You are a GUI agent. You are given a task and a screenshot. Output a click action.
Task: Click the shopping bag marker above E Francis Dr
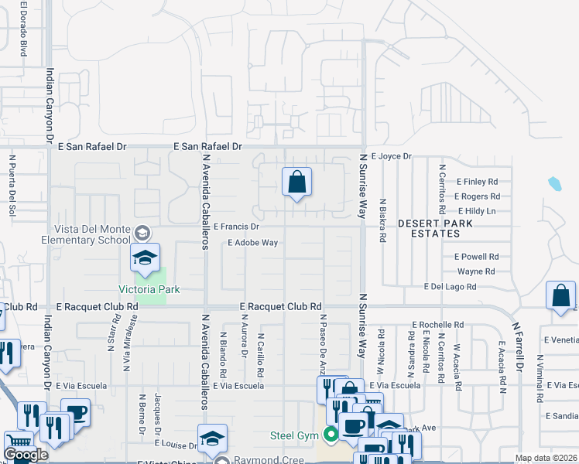(x=296, y=183)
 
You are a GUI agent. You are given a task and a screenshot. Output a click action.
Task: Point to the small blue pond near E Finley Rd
(x=554, y=184)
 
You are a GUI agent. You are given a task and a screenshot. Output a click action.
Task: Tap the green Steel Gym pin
(x=331, y=435)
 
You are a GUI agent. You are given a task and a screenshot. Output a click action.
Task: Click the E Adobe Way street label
(x=252, y=243)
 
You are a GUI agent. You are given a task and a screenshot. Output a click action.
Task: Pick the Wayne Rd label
(x=476, y=271)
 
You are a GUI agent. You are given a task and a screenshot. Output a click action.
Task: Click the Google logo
(x=26, y=455)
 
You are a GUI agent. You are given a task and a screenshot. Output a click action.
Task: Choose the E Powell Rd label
(x=476, y=256)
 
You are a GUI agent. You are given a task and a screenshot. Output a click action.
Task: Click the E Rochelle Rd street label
(x=438, y=325)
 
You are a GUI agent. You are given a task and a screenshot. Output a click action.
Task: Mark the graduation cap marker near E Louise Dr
(x=212, y=439)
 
